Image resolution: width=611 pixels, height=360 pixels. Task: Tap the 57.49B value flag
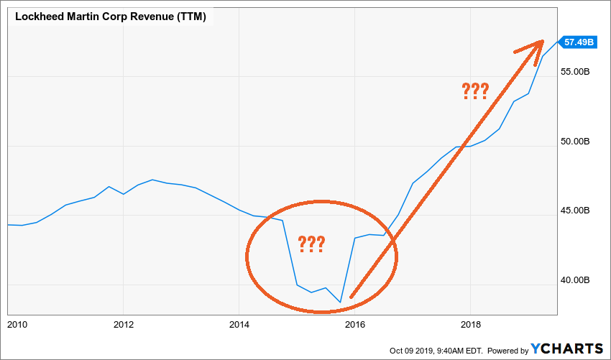(578, 42)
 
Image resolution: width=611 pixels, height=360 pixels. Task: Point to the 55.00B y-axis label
(577, 73)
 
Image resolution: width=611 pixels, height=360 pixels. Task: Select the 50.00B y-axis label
(577, 142)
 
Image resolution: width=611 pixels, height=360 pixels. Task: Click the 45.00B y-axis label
(577, 211)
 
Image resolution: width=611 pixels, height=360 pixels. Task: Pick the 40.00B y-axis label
(577, 280)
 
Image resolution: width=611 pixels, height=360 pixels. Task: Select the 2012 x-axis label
(124, 324)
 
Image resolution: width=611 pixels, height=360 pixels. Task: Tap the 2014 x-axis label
(239, 324)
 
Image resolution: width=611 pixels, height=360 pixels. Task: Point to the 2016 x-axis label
(355, 324)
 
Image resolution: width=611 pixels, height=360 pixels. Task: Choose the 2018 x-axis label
(470, 324)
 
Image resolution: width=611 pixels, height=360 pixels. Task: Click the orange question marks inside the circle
(310, 244)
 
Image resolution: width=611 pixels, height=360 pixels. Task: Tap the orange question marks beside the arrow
(475, 91)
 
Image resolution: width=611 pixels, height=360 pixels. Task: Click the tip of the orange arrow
(543, 41)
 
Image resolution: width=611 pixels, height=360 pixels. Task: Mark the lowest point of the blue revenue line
(340, 303)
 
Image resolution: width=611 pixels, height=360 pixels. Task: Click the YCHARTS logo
(567, 349)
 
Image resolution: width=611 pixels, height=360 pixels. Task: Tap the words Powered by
(507, 350)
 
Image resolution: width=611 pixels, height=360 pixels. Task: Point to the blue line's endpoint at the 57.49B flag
(556, 42)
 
